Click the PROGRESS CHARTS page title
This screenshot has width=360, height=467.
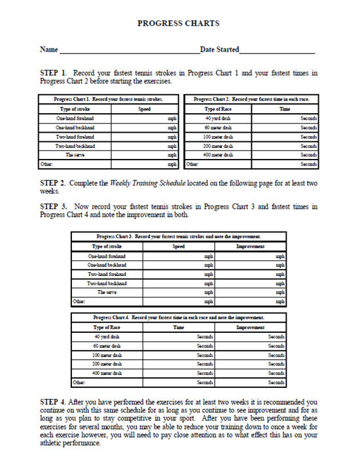coord(178,23)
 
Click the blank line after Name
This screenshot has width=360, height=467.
coord(129,50)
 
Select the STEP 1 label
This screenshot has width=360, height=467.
coord(54,73)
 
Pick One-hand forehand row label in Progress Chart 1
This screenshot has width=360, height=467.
coord(75,118)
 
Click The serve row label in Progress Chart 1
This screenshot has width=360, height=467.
coord(75,155)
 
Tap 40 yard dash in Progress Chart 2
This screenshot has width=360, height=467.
coord(218,118)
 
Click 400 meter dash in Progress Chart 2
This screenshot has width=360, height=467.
coord(218,155)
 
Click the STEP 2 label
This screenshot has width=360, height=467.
coord(54,181)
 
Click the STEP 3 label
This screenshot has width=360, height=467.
coord(54,206)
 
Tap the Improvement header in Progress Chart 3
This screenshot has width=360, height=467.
coord(249,247)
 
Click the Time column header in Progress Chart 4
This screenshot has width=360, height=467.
coord(178,327)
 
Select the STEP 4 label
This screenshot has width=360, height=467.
coord(54,402)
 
